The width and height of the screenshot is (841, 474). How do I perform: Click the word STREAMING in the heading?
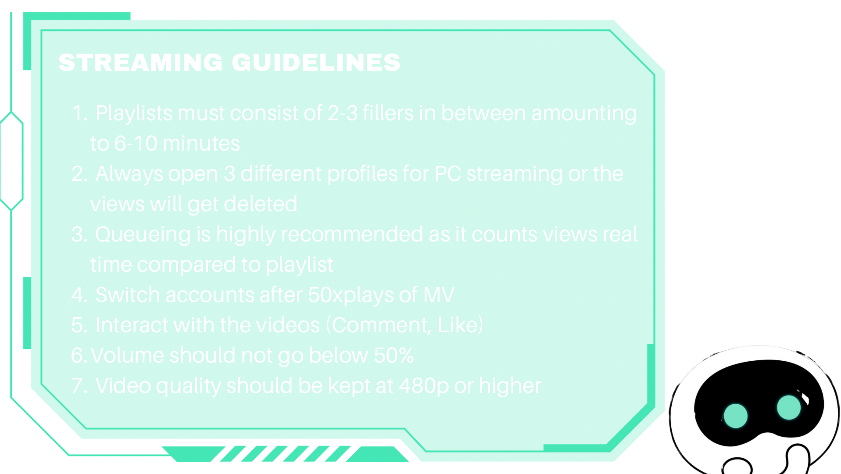point(140,62)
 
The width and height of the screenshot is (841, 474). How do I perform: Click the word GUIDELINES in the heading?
point(316,62)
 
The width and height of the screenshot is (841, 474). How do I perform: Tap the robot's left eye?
point(735,416)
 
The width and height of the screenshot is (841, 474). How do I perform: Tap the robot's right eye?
point(788,407)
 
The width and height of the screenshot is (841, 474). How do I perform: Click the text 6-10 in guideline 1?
point(136,144)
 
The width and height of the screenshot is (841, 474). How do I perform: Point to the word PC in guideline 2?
point(447,174)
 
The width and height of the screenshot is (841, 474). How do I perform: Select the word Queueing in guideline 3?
point(143,235)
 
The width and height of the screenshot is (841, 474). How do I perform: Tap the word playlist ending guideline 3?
point(299,265)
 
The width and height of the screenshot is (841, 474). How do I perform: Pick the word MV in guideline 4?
point(439,295)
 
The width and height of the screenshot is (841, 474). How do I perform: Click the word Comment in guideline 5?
point(381,326)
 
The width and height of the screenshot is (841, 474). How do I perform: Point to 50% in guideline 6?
point(394,355)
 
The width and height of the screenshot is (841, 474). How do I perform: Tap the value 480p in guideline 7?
point(424,386)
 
